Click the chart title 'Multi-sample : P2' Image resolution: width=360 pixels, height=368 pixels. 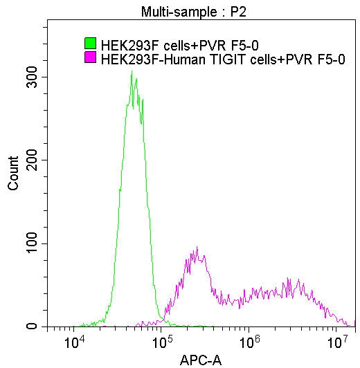click(193, 12)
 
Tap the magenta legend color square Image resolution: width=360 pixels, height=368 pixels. click(89, 59)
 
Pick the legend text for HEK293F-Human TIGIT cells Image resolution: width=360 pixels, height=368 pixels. click(222, 59)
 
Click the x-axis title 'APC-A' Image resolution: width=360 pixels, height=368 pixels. click(200, 360)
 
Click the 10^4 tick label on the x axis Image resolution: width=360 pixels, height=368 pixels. click(73, 342)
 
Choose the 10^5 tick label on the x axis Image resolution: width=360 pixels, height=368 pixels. click(161, 342)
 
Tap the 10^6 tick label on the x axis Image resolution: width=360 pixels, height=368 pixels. click(249, 342)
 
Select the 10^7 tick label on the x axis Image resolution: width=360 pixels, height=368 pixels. click(337, 342)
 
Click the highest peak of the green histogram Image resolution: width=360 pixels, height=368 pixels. click(132, 71)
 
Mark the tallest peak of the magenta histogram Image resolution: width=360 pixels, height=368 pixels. click(197, 248)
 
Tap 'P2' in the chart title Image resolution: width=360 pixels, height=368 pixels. click(238, 12)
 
